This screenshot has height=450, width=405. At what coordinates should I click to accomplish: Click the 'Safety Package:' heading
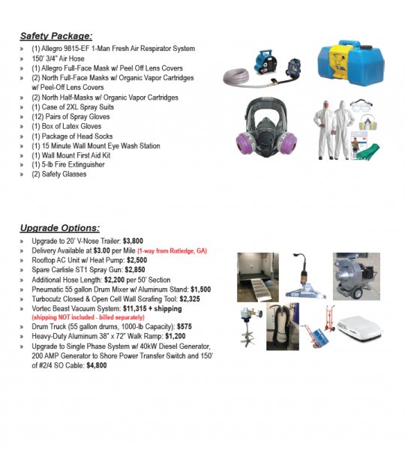click(x=55, y=35)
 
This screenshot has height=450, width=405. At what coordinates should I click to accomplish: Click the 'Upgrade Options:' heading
click(x=59, y=227)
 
